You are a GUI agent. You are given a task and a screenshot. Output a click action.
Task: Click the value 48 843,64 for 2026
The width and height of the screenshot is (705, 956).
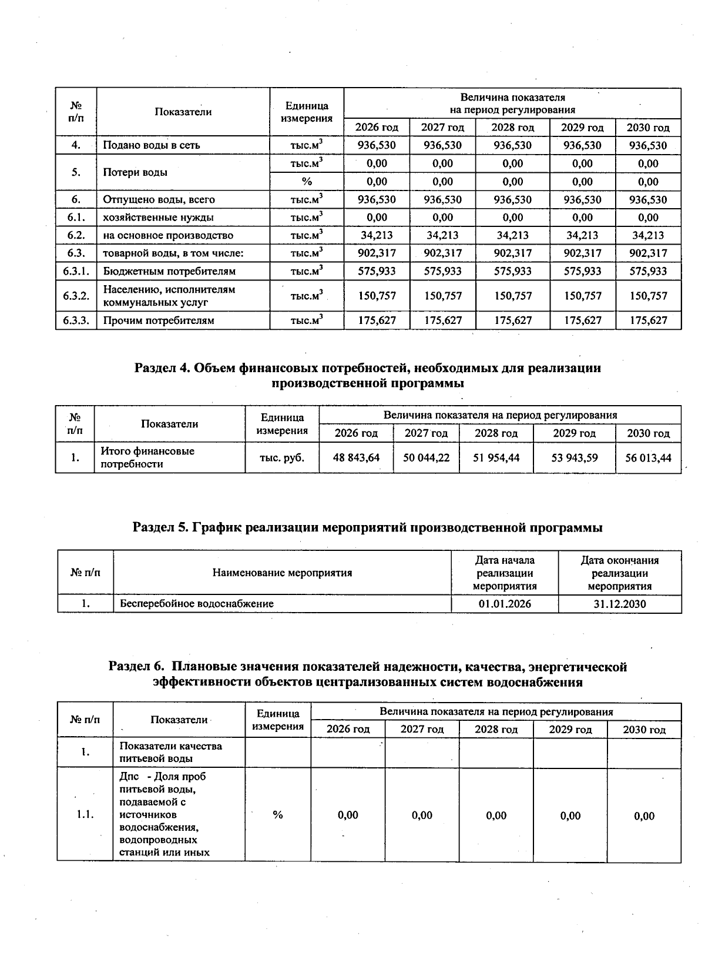tap(356, 457)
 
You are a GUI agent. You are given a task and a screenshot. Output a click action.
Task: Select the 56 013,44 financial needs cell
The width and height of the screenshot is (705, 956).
tap(648, 457)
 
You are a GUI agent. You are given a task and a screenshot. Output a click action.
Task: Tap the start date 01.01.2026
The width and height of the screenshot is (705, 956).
tap(505, 603)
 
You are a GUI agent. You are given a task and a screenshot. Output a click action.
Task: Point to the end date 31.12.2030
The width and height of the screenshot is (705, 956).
tap(620, 603)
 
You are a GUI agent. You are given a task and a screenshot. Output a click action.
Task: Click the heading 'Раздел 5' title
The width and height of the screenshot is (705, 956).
tap(368, 527)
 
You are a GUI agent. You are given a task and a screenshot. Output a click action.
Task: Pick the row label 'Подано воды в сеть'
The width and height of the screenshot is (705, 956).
tap(152, 145)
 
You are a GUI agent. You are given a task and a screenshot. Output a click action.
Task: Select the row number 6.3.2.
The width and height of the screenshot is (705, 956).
tap(76, 296)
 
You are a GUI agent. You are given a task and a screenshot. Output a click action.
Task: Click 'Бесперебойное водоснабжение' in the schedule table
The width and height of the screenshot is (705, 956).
tap(197, 603)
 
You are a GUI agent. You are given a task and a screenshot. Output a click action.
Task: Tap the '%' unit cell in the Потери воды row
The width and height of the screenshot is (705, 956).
tap(307, 182)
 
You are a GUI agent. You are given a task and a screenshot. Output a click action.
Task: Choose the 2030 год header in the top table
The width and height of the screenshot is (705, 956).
tap(648, 128)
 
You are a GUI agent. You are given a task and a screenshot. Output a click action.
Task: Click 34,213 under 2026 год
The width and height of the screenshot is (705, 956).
tap(377, 235)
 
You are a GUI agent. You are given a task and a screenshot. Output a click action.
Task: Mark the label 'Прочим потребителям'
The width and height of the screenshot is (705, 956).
tap(159, 320)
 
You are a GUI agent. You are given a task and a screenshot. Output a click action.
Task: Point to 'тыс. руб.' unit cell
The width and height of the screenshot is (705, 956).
tap(282, 457)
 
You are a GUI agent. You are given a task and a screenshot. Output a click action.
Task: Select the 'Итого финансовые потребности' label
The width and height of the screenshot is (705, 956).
tap(147, 457)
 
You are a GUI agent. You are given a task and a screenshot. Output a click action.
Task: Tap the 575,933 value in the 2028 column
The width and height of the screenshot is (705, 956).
tap(512, 271)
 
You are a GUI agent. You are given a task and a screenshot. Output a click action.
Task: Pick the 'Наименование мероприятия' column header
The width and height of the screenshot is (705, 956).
tap(282, 573)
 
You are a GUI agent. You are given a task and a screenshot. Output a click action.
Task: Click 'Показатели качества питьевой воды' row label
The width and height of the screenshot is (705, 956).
tap(170, 752)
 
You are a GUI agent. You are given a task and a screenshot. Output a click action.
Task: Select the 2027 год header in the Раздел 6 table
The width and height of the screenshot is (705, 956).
tap(422, 730)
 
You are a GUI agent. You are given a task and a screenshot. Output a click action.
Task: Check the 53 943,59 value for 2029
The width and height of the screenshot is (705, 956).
tap(575, 457)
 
